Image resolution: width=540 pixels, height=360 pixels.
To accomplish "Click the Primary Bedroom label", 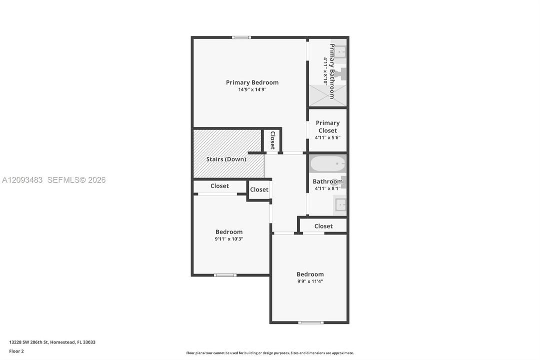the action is click(252, 82).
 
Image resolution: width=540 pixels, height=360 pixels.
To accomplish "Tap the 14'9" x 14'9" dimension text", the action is click(252, 89).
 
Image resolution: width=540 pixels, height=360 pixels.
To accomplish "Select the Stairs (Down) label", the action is click(226, 159).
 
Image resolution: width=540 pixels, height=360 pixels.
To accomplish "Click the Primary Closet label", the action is click(328, 126).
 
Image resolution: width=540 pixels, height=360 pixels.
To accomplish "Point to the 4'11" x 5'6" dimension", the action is click(328, 137).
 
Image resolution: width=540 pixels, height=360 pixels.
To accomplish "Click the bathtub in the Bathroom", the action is click(328, 163).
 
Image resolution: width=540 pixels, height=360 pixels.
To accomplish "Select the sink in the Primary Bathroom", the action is click(340, 52).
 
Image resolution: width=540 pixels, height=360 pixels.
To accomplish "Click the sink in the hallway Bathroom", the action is click(340, 205).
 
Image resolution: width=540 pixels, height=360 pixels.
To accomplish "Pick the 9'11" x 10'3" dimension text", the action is click(229, 239).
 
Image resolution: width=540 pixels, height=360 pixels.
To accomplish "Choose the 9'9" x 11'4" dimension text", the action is click(310, 281).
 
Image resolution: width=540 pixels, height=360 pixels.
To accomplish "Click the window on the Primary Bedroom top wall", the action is click(241, 37).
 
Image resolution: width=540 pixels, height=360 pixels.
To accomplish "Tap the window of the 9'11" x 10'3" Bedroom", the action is click(225, 275).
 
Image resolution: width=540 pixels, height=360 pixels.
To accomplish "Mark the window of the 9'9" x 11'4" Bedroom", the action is click(311, 323).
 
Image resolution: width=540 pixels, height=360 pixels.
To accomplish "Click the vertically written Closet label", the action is click(272, 140).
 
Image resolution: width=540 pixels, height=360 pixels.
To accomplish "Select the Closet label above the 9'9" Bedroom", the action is click(323, 226).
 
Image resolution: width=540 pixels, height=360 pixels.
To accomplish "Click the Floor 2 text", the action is click(16, 351).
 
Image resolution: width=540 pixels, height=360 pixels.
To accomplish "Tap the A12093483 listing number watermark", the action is click(22, 180).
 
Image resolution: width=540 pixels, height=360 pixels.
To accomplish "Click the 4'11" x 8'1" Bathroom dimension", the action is click(328, 188).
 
